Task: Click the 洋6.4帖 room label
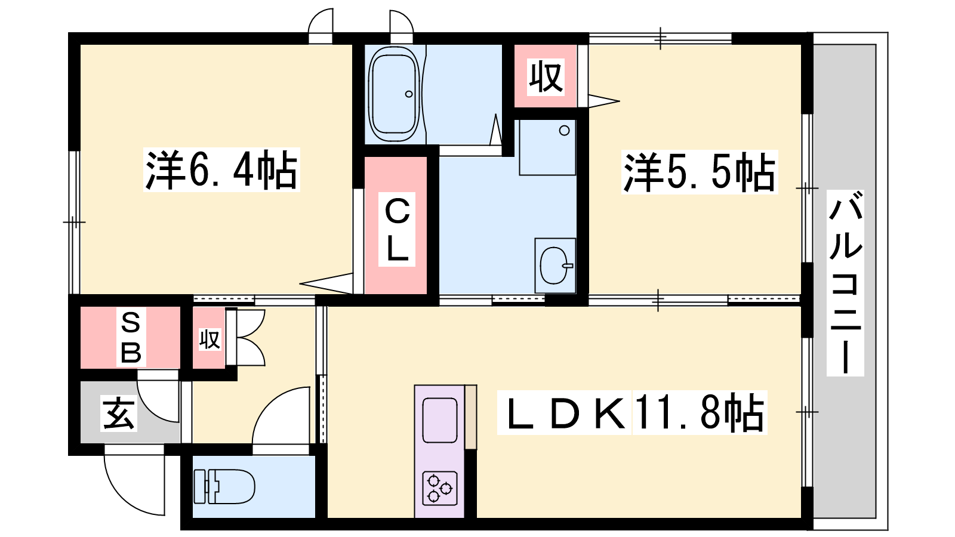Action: pos(221,169)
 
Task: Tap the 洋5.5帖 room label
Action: pos(699,172)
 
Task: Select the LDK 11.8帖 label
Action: pos(632,412)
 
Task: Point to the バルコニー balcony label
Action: pos(845,283)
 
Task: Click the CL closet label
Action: pos(397,230)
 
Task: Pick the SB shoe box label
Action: pos(131,337)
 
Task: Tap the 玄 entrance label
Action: pos(119,413)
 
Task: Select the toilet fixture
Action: pos(224,487)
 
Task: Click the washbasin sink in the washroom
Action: pos(554,266)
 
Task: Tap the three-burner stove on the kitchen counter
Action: pos(440,489)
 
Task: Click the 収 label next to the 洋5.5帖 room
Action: pos(546,77)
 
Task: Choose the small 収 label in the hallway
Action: pos(210,340)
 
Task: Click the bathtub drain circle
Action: pos(409,94)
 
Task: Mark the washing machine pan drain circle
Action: pos(565,131)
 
